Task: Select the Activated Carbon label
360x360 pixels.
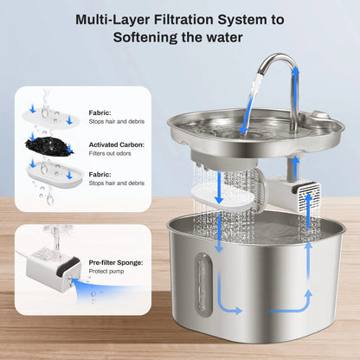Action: click(116, 145)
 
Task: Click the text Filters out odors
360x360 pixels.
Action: click(113, 156)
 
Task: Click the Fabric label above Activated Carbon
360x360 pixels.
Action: click(100, 112)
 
